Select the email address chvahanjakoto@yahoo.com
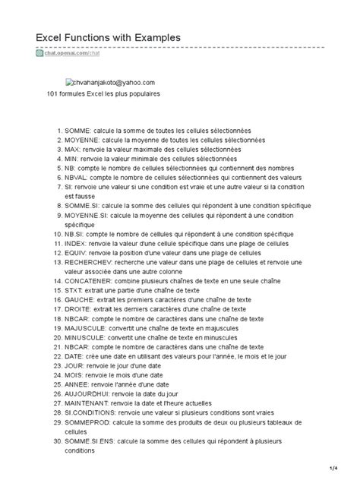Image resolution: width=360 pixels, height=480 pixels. click(115, 82)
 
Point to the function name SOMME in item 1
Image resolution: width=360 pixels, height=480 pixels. click(77, 131)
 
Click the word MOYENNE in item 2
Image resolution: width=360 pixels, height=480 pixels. click(81, 140)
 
